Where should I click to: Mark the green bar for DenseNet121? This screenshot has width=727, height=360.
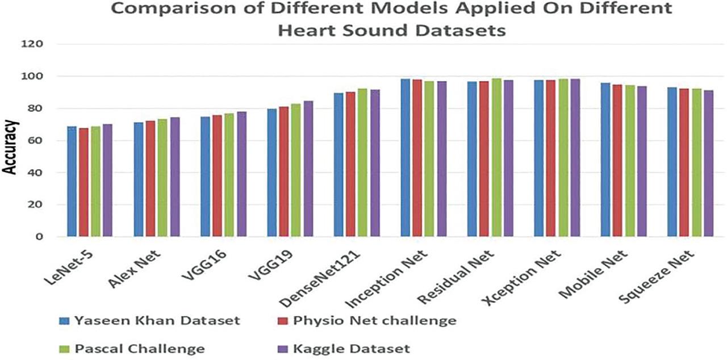362,162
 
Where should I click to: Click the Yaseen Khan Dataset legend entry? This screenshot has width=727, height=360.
150,321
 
